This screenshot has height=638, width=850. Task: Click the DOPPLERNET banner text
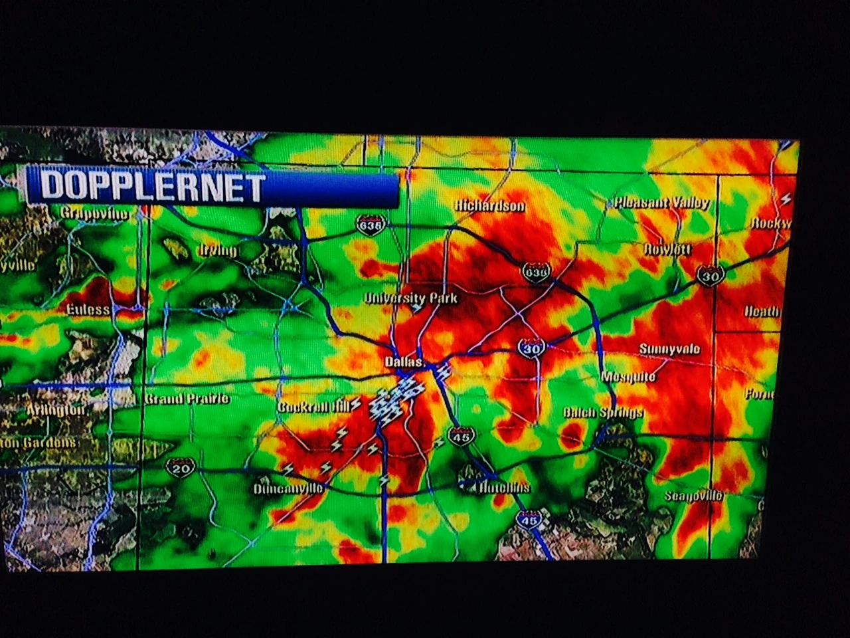click(153, 187)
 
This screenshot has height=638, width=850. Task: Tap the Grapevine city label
click(94, 213)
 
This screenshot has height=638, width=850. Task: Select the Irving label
click(218, 251)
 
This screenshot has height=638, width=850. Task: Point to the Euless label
click(88, 310)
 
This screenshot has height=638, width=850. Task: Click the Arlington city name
click(56, 410)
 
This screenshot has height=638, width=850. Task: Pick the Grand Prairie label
click(187, 399)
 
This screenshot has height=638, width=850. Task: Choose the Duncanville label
click(288, 489)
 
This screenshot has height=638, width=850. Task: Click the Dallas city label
click(404, 362)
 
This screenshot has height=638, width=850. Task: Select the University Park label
click(411, 298)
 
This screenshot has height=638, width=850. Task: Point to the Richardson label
click(490, 206)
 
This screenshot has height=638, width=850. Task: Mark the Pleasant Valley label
click(661, 203)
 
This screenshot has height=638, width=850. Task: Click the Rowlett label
click(668, 249)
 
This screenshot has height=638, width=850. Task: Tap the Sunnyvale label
click(669, 349)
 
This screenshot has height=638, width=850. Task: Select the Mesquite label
click(628, 377)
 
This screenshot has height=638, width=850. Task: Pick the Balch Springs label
click(603, 413)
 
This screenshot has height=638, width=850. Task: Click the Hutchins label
click(505, 488)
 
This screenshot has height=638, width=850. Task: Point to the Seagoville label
click(694, 496)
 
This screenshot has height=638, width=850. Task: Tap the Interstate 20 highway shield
click(179, 469)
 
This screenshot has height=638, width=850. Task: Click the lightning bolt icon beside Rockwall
click(786, 198)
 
